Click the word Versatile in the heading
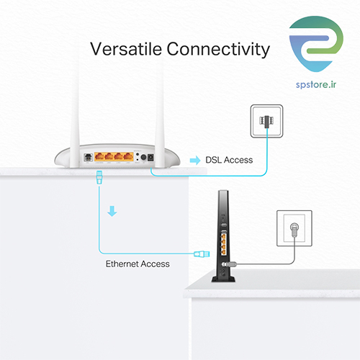(x=126, y=49)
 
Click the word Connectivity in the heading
(x=218, y=50)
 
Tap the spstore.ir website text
(x=316, y=85)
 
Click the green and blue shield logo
(x=316, y=44)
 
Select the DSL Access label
(x=229, y=160)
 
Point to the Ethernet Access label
(x=138, y=264)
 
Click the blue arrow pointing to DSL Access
(x=195, y=161)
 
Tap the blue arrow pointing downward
(x=112, y=211)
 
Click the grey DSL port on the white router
(x=89, y=158)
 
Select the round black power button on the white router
(x=143, y=157)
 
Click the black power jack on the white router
(x=150, y=158)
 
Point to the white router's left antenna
(x=75, y=113)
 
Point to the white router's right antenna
(x=159, y=113)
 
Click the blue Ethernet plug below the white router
(x=99, y=177)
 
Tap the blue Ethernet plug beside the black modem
(x=202, y=254)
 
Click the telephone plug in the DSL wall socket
(x=266, y=121)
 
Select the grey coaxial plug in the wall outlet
(x=294, y=230)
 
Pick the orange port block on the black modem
(x=224, y=244)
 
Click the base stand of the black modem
(x=223, y=279)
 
